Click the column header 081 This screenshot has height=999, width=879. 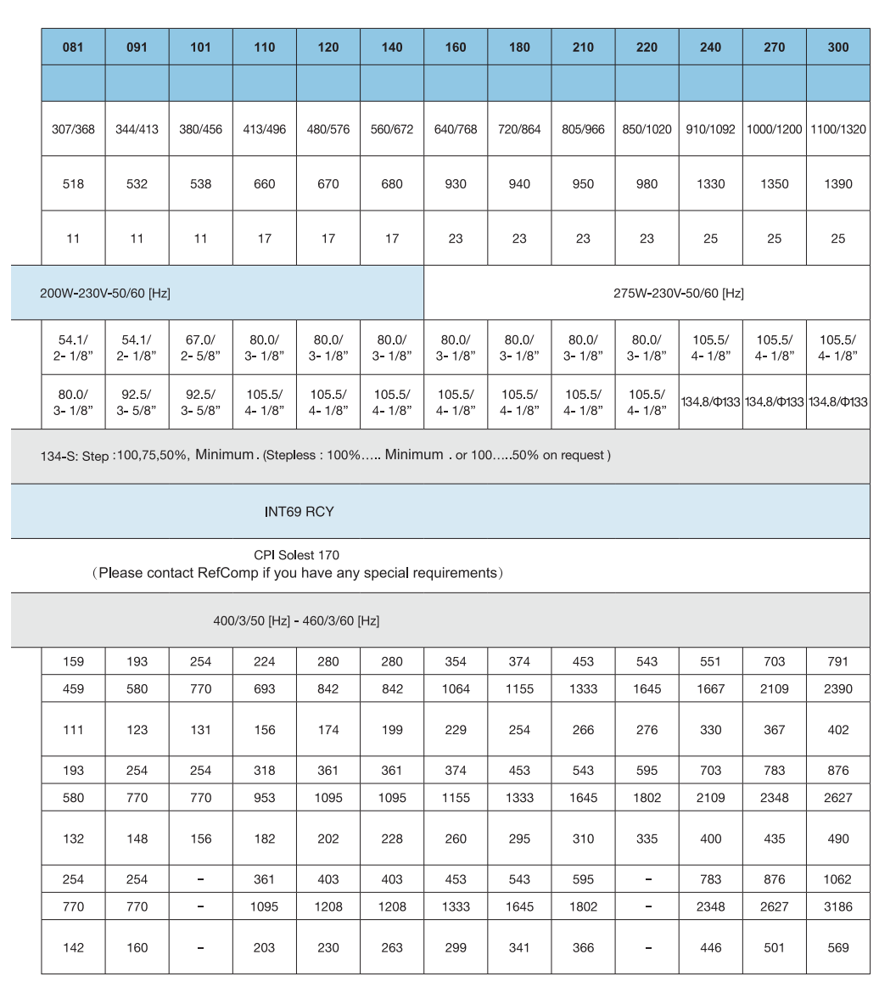pyautogui.click(x=73, y=48)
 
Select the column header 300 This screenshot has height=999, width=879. pyautogui.click(x=837, y=48)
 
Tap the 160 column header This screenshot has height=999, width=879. pyautogui.click(x=456, y=48)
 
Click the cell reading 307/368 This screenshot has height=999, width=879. pyautogui.click(x=73, y=130)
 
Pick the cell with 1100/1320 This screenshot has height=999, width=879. pyautogui.click(x=838, y=130)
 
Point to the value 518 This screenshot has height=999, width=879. pyautogui.click(x=73, y=184)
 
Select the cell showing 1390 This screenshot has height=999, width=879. pyautogui.click(x=837, y=184)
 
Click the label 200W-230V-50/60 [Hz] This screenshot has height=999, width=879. pyautogui.click(x=105, y=294)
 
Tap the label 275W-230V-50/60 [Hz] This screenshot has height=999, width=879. pyautogui.click(x=678, y=294)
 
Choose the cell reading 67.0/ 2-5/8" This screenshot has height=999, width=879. pyautogui.click(x=200, y=347)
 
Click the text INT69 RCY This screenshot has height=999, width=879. pyautogui.click(x=299, y=512)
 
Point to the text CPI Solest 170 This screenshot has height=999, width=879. pyautogui.click(x=296, y=555)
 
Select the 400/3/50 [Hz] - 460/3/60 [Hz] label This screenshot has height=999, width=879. pyautogui.click(x=296, y=620)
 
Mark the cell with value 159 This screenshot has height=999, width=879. pyautogui.click(x=73, y=662)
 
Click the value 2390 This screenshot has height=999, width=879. pyautogui.click(x=837, y=689)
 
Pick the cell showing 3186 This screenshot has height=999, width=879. pyautogui.click(x=837, y=906)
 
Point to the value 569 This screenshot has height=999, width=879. pyautogui.click(x=837, y=947)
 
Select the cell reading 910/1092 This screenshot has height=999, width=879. pyautogui.click(x=710, y=130)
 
